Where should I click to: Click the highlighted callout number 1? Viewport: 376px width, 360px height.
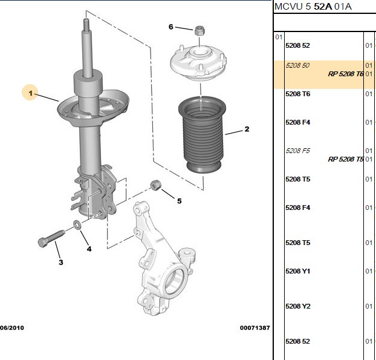tap(30, 93)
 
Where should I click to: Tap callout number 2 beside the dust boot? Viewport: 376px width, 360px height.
tap(247, 129)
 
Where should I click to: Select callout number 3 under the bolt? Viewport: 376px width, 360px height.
tap(61, 263)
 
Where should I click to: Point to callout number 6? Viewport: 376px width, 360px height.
tap(170, 27)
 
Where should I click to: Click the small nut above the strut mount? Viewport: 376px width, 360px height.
tap(199, 30)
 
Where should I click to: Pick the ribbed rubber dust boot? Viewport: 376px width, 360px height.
tap(202, 134)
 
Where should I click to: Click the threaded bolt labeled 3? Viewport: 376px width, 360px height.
tap(51, 238)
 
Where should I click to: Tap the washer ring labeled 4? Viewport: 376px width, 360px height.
tap(77, 224)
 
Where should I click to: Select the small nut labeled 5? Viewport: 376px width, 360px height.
tap(156, 185)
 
